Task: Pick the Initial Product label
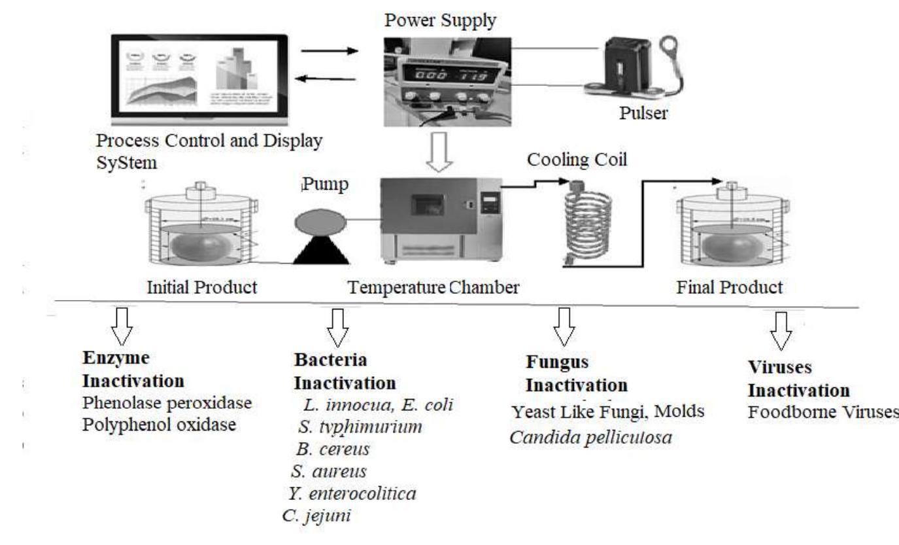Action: tap(201, 287)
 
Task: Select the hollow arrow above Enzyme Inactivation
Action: tap(122, 326)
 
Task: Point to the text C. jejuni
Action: tap(317, 514)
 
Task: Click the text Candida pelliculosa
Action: tap(590, 434)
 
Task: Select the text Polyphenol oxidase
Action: tap(159, 424)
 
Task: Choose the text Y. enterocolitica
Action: tap(352, 493)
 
